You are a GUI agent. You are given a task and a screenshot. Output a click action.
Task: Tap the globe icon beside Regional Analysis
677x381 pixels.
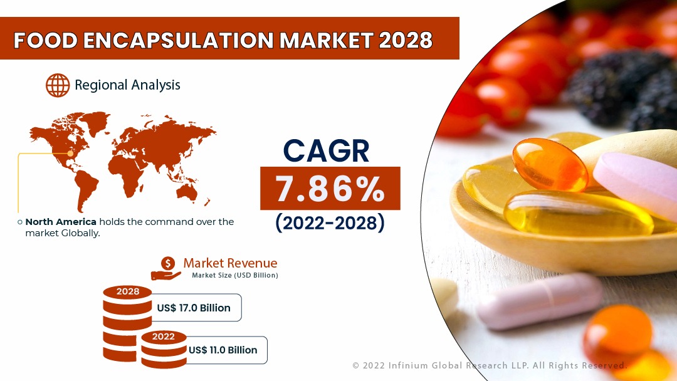click(x=58, y=85)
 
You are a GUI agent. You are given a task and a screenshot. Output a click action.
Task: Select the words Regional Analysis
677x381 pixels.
click(x=127, y=85)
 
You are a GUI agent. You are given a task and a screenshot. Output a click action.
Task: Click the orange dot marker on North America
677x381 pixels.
click(x=70, y=153)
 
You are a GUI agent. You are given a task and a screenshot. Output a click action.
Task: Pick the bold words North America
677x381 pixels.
click(x=61, y=222)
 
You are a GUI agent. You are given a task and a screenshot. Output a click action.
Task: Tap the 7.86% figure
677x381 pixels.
click(x=330, y=189)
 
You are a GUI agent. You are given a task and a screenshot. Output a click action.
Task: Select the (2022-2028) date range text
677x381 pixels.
click(x=330, y=223)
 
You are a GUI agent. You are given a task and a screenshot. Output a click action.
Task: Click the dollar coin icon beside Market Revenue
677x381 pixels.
click(x=167, y=264)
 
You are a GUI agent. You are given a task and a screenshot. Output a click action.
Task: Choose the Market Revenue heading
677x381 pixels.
click(x=230, y=263)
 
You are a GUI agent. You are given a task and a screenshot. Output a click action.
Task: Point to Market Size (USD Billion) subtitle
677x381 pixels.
click(x=235, y=275)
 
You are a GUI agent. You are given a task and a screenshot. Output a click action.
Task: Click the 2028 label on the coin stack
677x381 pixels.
click(x=128, y=291)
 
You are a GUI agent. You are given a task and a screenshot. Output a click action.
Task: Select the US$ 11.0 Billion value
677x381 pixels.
click(x=223, y=350)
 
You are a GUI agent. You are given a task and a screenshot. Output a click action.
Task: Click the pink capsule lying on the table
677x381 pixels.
click(x=539, y=301)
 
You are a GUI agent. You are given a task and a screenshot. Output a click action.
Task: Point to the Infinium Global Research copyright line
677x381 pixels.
click(x=489, y=365)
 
